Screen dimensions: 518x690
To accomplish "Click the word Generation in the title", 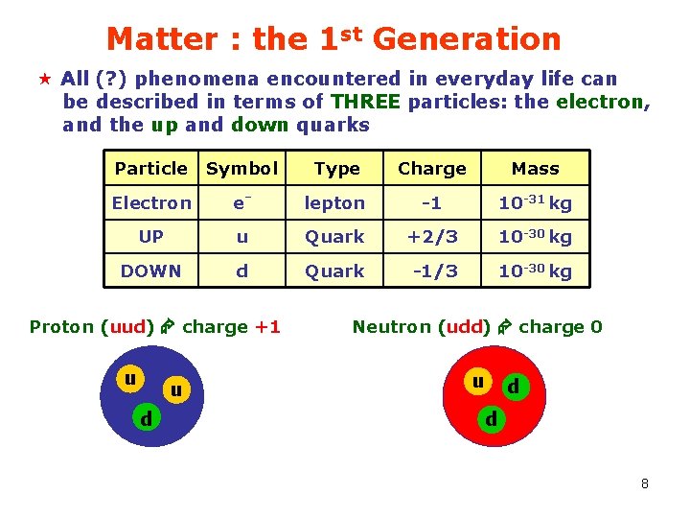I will (466, 39).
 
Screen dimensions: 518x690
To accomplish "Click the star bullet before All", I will (43, 78).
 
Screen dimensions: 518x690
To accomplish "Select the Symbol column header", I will (241, 169).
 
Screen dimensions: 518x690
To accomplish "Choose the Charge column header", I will (431, 169).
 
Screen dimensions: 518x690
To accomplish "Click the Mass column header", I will (535, 169).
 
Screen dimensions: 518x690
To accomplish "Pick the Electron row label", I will (151, 203).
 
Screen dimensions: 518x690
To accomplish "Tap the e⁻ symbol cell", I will (241, 202).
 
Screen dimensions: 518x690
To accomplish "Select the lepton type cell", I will (334, 203).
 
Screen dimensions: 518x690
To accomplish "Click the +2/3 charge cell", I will (431, 237).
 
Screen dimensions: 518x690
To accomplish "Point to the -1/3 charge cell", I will (431, 271).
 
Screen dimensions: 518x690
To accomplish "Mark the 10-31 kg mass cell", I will (535, 202).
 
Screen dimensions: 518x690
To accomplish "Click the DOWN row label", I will (151, 271).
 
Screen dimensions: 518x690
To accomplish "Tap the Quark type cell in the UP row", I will (334, 237).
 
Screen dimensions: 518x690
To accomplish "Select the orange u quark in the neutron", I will (476, 381).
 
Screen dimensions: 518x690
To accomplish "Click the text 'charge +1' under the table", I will (231, 327).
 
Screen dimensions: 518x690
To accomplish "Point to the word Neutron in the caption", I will (392, 327).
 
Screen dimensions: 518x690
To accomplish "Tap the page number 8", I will (645, 483).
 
